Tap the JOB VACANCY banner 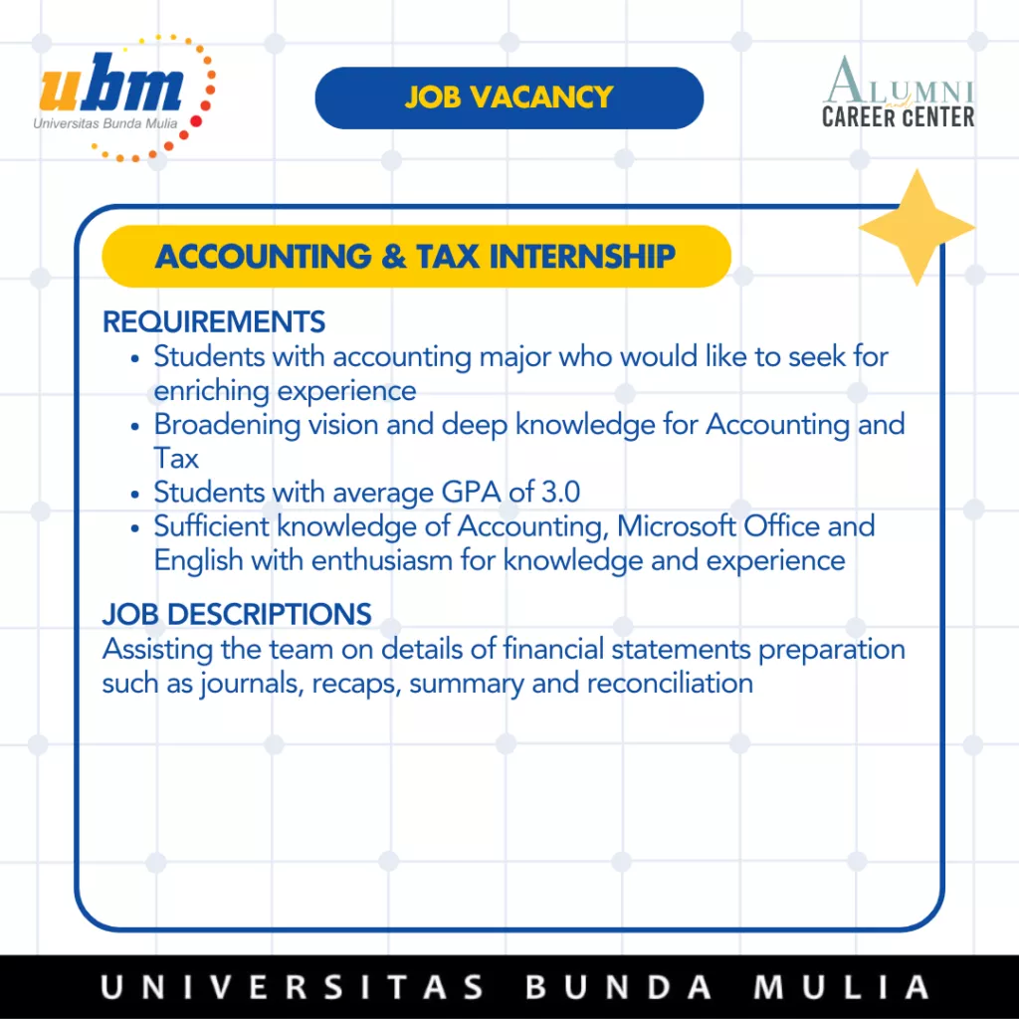509,98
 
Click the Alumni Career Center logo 899,93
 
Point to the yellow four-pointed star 917,228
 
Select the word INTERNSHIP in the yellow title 582,256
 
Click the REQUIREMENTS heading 214,321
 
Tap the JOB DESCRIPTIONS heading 237,614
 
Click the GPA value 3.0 561,492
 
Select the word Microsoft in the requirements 676,525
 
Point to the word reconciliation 670,683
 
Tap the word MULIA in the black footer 842,986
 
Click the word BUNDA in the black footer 618,986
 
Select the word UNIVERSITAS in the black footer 292,986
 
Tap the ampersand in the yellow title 394,256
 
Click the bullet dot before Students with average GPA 134,495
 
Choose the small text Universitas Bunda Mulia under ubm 105,123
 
